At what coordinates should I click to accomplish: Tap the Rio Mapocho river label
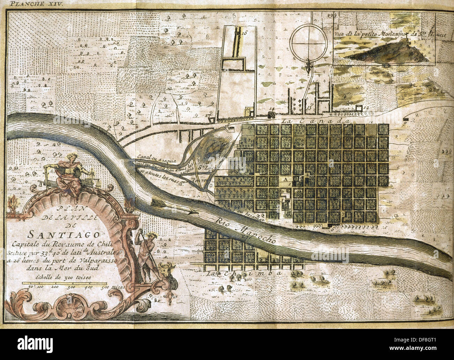pos(244,231)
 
